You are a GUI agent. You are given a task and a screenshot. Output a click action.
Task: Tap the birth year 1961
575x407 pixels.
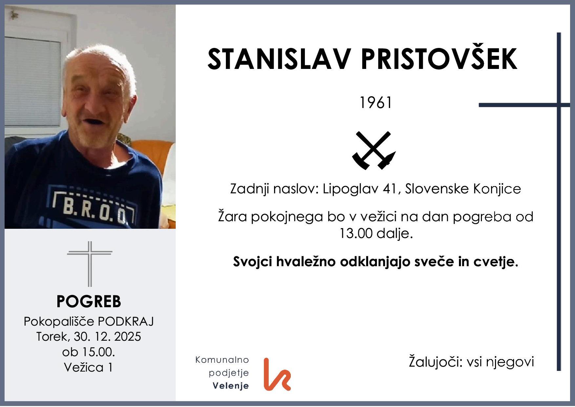(376, 103)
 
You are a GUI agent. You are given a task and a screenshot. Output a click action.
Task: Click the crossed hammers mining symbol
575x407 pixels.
(374, 150)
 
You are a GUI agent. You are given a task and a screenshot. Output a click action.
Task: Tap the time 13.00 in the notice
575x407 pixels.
(355, 233)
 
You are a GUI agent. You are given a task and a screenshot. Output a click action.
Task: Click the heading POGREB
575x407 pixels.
(89, 301)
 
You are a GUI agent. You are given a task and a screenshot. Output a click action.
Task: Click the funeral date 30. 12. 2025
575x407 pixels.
(108, 337)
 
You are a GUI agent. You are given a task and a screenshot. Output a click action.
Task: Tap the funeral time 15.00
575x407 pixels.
(97, 352)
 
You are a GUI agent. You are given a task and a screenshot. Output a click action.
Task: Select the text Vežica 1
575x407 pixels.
(89, 367)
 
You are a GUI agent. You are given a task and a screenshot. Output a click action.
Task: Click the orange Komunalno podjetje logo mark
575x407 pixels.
(276, 375)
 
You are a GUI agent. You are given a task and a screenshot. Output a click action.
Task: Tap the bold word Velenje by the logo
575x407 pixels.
(231, 386)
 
